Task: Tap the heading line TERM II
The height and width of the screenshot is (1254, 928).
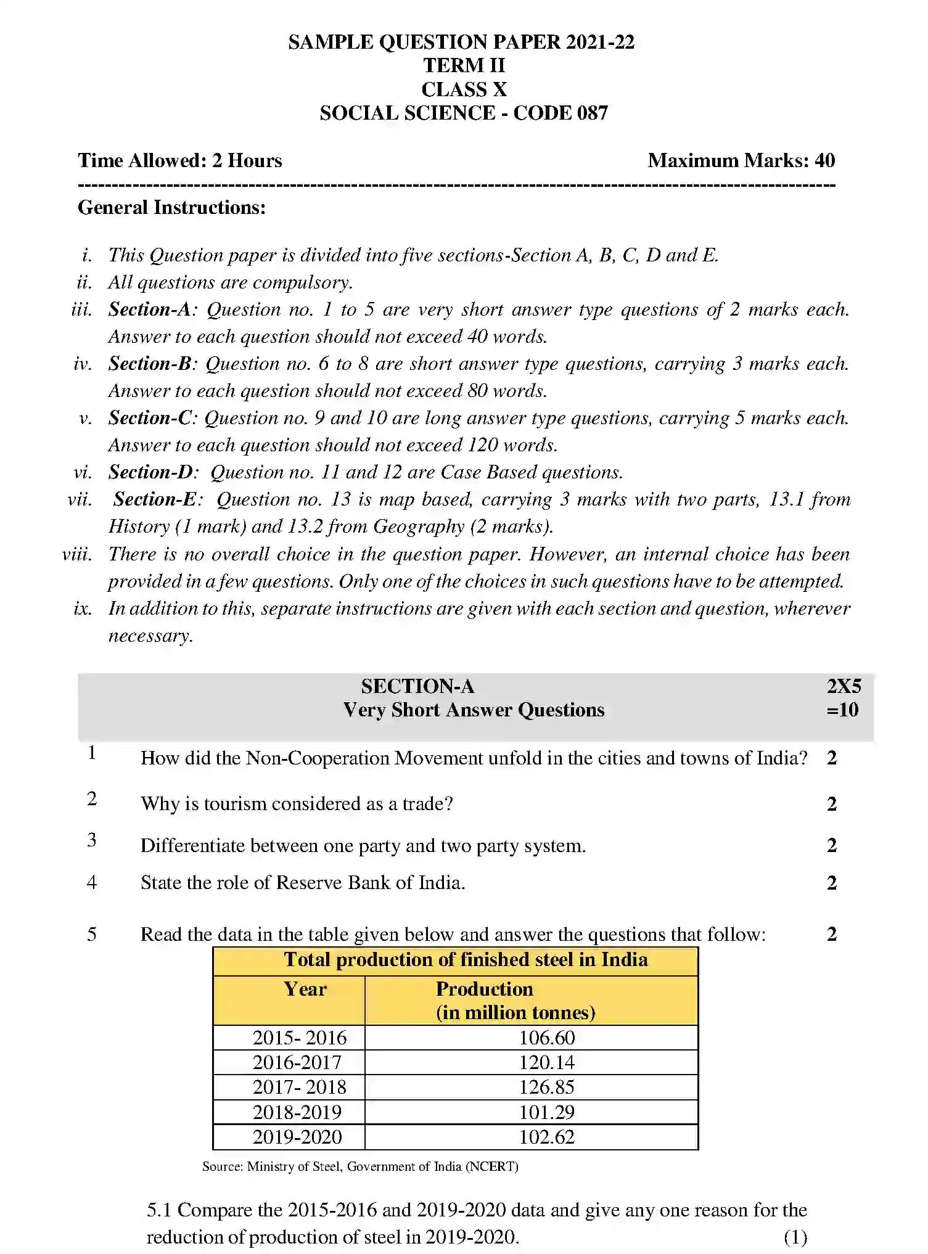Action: (464, 65)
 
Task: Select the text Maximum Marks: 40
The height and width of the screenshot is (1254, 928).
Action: (741, 161)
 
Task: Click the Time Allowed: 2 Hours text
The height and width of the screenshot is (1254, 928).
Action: (179, 161)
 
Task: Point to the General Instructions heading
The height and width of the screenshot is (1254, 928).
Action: (171, 208)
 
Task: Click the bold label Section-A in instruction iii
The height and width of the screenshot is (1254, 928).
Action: (150, 309)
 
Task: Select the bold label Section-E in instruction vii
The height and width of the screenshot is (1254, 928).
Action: (155, 499)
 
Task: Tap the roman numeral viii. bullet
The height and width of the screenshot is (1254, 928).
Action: (78, 554)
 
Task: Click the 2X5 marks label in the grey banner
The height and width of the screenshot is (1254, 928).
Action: (843, 686)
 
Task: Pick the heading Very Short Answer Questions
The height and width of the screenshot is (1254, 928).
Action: (474, 710)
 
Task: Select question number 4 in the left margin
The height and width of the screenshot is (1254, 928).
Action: (92, 882)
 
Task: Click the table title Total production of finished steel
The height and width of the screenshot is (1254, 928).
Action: (466, 960)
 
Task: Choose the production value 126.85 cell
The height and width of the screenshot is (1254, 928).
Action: (546, 1087)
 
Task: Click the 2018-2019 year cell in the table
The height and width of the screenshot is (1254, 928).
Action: (297, 1112)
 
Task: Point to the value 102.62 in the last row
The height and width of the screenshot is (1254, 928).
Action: (546, 1137)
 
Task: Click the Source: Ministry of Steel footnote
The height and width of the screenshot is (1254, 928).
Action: (360, 1166)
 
